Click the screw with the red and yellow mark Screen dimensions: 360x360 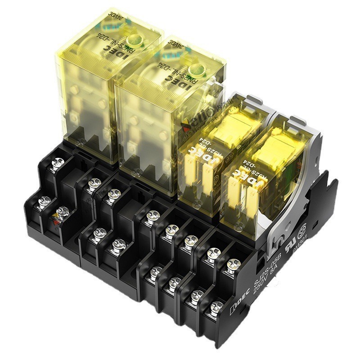pos(62,212)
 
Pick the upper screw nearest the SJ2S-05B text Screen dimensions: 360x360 pos(232,265)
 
